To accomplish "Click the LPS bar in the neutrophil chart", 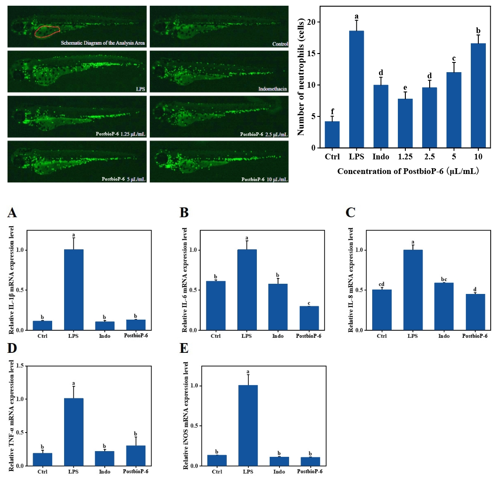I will (x=356, y=89).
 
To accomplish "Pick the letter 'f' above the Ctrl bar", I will (x=332, y=112).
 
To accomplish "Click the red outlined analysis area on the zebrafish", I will (x=47, y=32).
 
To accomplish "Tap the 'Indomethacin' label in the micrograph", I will (x=272, y=89).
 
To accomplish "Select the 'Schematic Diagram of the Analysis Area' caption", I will (x=103, y=43).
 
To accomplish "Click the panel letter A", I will (x=12, y=213).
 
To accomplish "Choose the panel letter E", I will (x=184, y=348).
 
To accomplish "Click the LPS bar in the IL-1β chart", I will (x=73, y=290).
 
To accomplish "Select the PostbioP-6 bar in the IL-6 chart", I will (x=309, y=318).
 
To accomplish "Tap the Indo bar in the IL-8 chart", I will (x=444, y=306).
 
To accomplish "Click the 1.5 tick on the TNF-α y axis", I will (x=20, y=366).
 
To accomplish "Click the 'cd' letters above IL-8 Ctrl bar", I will (x=382, y=284).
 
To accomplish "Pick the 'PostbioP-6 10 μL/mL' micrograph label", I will (x=264, y=179).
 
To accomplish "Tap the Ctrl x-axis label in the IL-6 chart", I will (x=216, y=336).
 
